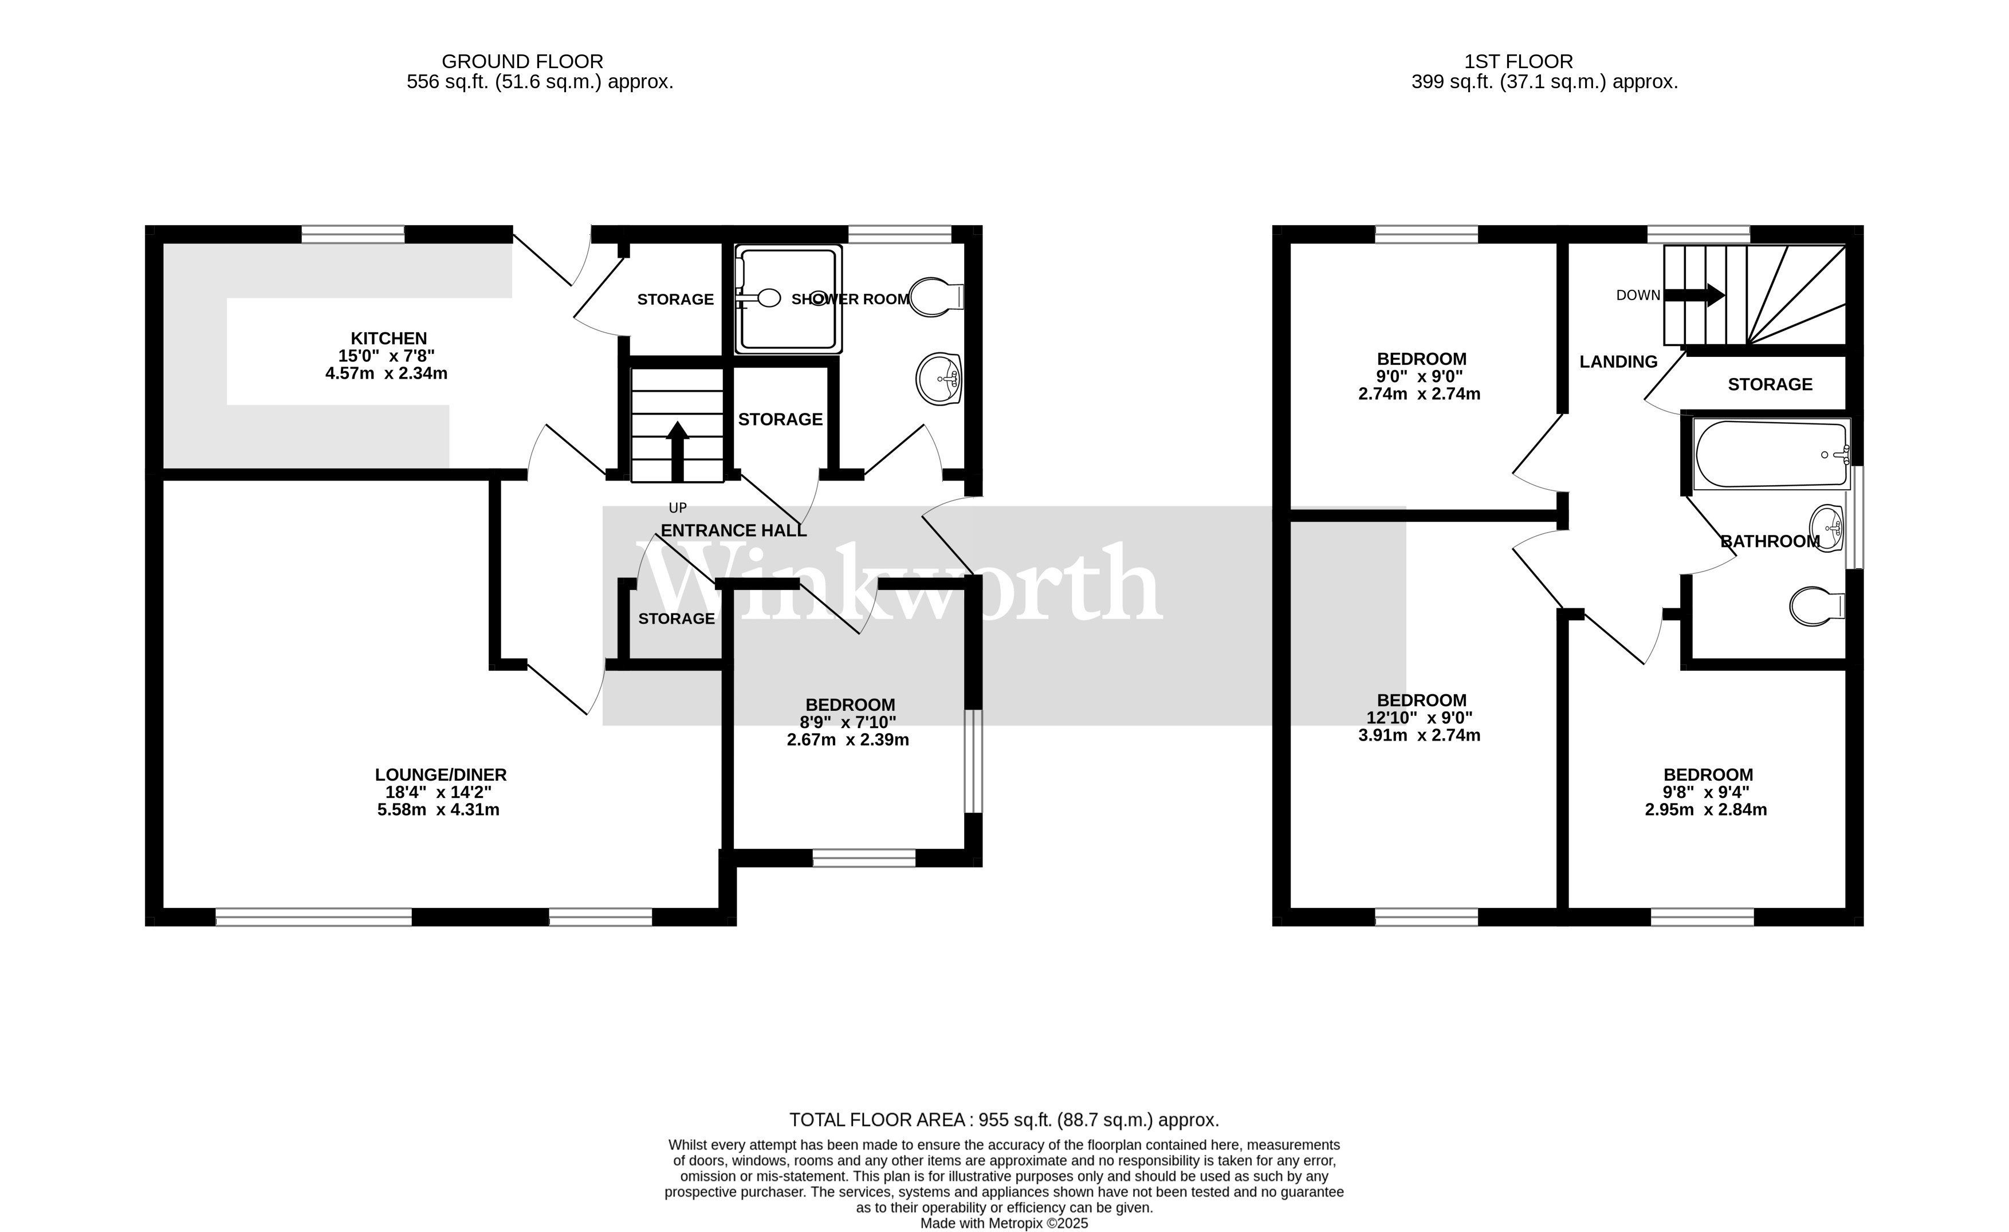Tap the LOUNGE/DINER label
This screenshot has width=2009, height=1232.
[x=441, y=774]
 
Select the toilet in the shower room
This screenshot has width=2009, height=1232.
[x=935, y=297]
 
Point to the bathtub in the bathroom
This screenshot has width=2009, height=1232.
[x=1770, y=454]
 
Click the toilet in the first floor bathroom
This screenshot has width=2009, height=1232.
[x=1816, y=607]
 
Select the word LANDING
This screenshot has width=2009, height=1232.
[x=1618, y=362]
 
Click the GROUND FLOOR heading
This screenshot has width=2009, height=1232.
[x=522, y=61]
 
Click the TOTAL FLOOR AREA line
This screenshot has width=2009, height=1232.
[x=1004, y=1120]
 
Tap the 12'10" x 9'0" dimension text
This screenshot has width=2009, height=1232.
[x=1419, y=718]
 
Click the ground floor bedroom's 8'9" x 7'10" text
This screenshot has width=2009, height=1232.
[x=847, y=722]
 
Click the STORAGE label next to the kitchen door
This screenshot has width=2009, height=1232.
[x=675, y=299]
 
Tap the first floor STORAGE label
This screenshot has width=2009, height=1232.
[x=1770, y=384]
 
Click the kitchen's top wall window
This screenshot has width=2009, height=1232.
[x=352, y=235]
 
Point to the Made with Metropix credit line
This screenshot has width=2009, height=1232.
[x=1004, y=1223]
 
